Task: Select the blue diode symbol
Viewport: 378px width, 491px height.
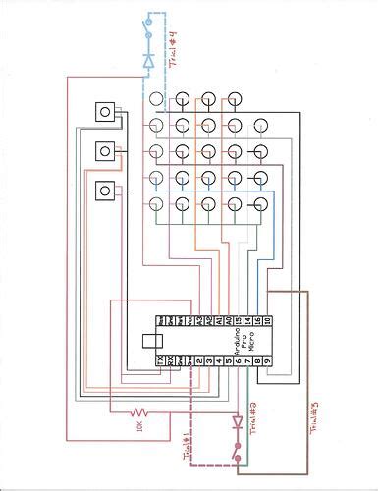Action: pos(148,60)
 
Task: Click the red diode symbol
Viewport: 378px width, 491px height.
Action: pos(237,423)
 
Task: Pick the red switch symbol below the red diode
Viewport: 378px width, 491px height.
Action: pos(237,453)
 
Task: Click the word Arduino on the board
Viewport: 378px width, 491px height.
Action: pos(234,344)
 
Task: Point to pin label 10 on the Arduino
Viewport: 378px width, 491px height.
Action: pos(266,321)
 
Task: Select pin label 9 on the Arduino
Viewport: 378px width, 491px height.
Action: pos(266,361)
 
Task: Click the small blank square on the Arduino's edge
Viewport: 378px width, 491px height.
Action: pos(150,341)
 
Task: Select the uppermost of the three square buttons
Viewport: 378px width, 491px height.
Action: pos(102,112)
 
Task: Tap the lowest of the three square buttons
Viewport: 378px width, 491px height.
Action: pos(102,190)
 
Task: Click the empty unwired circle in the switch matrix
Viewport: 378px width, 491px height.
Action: pos(259,126)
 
